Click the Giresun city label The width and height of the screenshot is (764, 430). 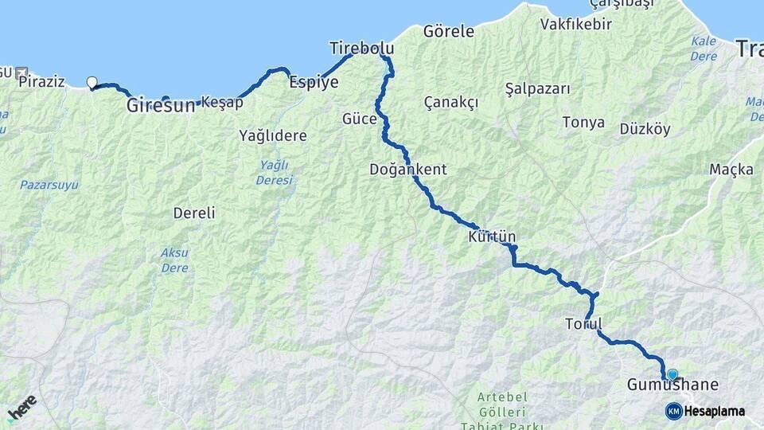160,104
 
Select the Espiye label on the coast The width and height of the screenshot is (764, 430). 314,81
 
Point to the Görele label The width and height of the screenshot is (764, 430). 449,32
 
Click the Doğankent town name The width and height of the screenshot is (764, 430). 407,170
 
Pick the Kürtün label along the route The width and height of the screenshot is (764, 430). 493,237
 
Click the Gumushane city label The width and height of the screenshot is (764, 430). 672,385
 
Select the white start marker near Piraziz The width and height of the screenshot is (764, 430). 92,82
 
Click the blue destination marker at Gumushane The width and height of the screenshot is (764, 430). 672,374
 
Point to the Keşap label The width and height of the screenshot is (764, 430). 222,102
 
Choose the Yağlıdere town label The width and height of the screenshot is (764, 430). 273,135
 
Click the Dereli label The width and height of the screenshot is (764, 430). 194,213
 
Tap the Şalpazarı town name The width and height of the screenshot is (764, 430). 538,88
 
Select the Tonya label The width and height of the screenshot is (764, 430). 583,123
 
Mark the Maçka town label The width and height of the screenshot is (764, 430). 731,170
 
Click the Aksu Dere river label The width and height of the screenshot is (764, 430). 174,260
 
